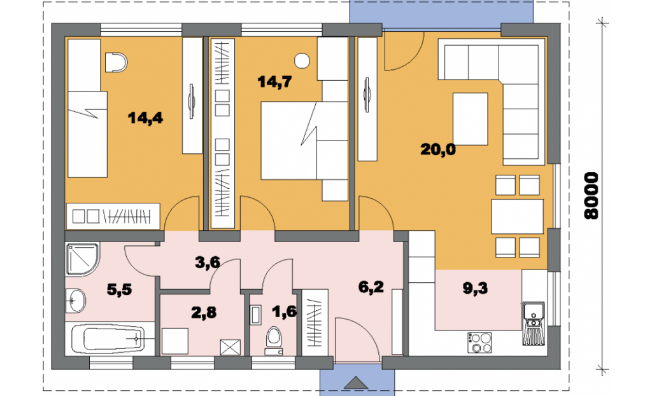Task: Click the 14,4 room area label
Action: coord(145,118)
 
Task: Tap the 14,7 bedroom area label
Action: coord(274,82)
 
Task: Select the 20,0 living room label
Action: coord(438,149)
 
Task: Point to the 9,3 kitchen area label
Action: coord(475,288)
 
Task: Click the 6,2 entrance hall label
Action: coord(371,287)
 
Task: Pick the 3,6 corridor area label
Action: coord(208,263)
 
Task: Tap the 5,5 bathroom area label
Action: coord(119,289)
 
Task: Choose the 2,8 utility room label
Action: coord(204,311)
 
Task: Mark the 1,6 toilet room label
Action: coord(285,311)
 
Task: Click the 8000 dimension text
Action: coord(591,196)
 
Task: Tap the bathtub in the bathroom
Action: coord(108,339)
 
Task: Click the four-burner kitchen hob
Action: coord(479,343)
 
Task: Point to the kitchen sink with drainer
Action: coord(534,324)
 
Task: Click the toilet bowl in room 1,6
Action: coord(273,337)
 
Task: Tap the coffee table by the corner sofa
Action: coord(471,119)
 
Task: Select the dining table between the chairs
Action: coord(517,216)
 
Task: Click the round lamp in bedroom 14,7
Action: coord(302,61)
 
